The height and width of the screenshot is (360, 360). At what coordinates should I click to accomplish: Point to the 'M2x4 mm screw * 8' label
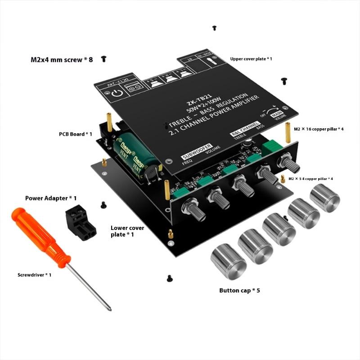pyautogui.click(x=62, y=59)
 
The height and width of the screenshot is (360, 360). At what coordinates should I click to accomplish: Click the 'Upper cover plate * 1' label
pyautogui.click(x=251, y=59)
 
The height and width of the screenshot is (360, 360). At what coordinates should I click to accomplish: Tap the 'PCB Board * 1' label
pyautogui.click(x=76, y=134)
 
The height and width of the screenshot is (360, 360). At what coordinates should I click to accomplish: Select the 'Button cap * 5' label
pyautogui.click(x=239, y=290)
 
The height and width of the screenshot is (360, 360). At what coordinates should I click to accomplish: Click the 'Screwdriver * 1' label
pyautogui.click(x=34, y=274)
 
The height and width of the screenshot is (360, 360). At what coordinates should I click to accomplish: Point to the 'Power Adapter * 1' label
pyautogui.click(x=51, y=198)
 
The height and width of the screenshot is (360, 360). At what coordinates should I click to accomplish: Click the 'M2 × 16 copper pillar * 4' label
pyautogui.click(x=319, y=129)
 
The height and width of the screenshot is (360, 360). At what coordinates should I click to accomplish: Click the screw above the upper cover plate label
pyautogui.click(x=215, y=28)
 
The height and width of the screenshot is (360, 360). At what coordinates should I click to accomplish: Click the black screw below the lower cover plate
pyautogui.click(x=170, y=278)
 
